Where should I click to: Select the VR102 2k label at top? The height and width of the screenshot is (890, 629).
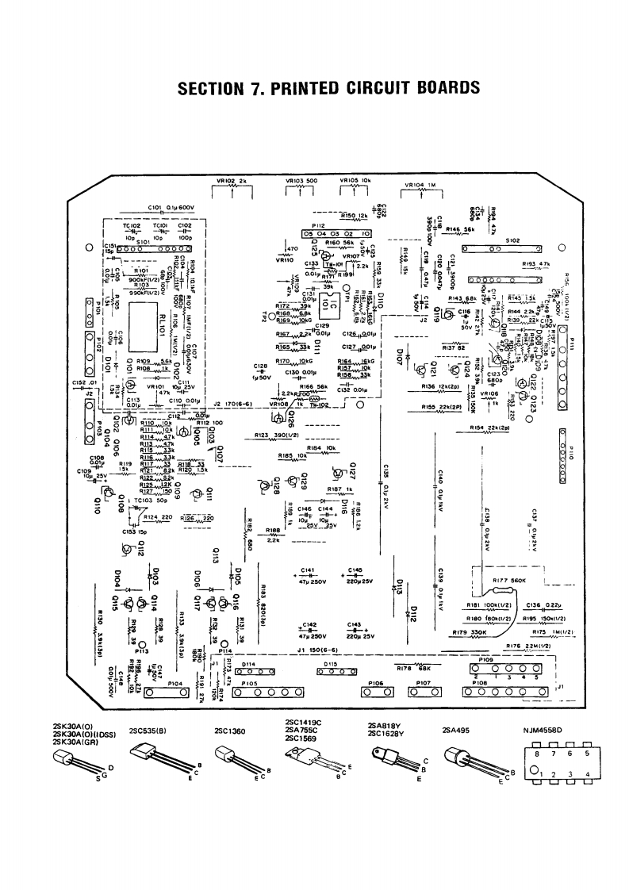tap(232, 180)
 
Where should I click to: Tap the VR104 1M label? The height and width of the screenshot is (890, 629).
tap(420, 186)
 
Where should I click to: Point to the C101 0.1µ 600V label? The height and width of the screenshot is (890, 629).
tap(171, 208)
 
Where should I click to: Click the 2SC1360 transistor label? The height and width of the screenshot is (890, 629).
tap(230, 730)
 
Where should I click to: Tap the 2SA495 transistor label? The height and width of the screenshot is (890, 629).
tap(458, 730)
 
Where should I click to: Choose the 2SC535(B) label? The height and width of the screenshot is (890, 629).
tap(147, 730)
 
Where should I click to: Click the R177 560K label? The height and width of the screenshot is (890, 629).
tap(511, 581)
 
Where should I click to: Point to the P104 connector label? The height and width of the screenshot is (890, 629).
tap(176, 682)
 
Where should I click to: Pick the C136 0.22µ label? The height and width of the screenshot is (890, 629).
tap(543, 605)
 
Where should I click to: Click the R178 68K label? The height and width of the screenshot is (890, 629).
tap(408, 668)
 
